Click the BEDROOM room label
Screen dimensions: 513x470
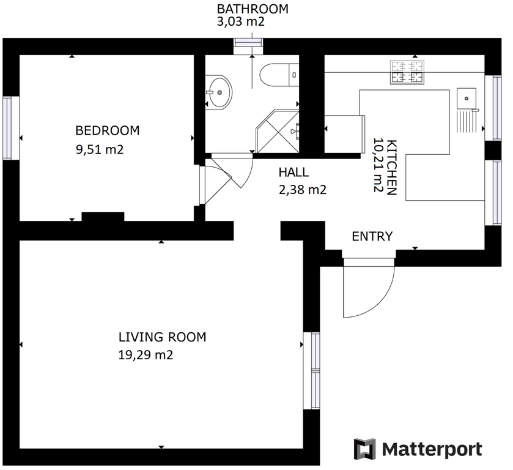tap(108, 130)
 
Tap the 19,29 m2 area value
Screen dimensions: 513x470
tap(146, 355)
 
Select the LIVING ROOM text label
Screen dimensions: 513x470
tap(162, 337)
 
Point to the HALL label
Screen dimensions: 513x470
tap(293, 173)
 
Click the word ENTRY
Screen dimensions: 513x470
tap(372, 236)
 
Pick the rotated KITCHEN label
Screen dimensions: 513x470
tap(391, 167)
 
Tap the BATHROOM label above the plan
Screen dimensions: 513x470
tap(253, 9)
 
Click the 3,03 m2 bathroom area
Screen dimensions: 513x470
tap(240, 21)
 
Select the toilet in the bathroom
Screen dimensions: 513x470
tap(279, 75)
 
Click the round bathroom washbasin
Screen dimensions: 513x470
tap(218, 92)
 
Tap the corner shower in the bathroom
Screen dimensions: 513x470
tap(278, 132)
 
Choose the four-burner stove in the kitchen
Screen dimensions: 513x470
tap(407, 72)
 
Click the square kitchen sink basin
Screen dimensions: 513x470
tap(467, 99)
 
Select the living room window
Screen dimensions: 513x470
tap(311, 371)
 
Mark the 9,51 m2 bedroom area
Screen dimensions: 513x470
tap(100, 150)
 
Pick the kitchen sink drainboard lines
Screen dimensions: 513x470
tap(467, 121)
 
